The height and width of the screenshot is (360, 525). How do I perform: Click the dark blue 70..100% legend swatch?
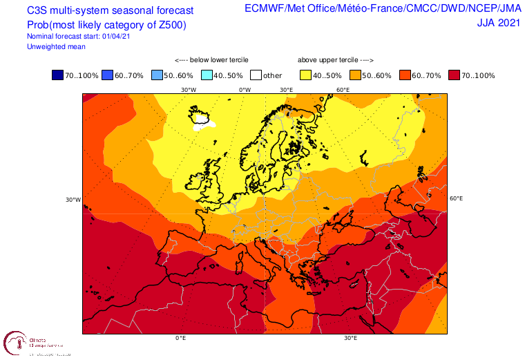point(57,75)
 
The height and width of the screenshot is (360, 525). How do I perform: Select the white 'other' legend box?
point(256,75)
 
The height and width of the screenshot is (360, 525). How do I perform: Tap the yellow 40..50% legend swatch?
point(305,75)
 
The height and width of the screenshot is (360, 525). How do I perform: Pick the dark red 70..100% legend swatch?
point(455,75)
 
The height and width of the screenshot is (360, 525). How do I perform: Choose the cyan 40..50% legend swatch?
point(206,75)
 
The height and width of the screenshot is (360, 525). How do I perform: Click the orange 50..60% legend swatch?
point(355,75)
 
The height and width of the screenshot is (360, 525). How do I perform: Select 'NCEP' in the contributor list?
point(471,8)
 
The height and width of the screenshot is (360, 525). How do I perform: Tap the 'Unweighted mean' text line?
point(56,46)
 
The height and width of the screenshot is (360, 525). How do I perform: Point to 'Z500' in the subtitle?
point(170,26)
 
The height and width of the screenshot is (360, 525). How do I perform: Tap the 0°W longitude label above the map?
point(245,90)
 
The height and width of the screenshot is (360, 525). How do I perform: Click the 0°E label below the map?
point(180,338)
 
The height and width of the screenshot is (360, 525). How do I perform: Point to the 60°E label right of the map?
point(456,198)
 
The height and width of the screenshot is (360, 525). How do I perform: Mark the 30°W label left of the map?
point(73,200)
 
